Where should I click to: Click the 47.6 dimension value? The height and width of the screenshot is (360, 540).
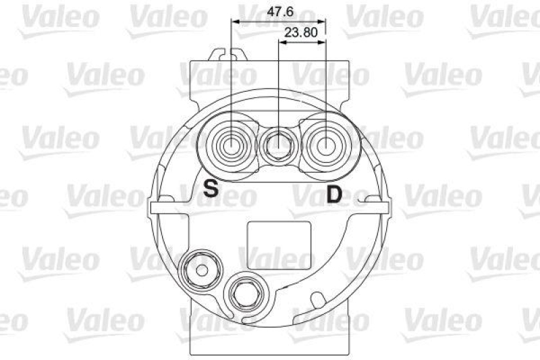tap(279, 11)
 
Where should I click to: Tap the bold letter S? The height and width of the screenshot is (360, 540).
tap(211, 188)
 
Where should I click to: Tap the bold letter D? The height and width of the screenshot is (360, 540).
tap(334, 195)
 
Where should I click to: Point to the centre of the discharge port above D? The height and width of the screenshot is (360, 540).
tap(326, 144)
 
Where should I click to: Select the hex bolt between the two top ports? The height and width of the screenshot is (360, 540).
tap(279, 144)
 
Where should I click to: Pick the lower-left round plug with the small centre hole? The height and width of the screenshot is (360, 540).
tap(200, 268)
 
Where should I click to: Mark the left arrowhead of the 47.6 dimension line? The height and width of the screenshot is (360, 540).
tap(234, 22)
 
